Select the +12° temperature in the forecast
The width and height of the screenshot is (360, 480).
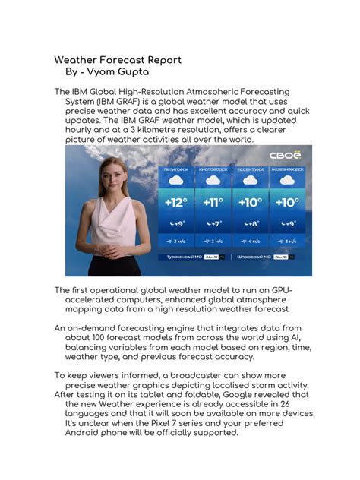(176, 203)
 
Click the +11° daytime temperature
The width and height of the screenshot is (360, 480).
(212, 203)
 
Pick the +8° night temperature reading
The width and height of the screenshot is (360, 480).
(250, 224)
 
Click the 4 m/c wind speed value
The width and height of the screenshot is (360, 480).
(250, 241)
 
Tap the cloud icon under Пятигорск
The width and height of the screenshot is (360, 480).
(176, 181)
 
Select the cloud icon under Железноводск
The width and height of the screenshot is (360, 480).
(287, 181)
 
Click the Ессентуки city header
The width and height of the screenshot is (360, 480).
(249, 169)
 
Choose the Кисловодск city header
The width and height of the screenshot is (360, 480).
(213, 169)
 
